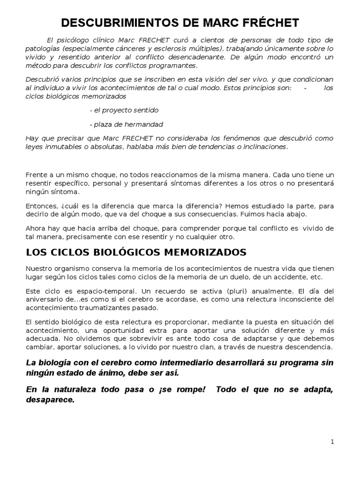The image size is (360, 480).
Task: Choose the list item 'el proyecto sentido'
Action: click(124, 110)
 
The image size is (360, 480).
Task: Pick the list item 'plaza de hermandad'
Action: click(126, 124)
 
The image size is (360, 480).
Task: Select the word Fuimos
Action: click(255, 214)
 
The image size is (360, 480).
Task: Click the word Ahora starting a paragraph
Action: click(36, 228)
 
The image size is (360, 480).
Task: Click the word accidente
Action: click(287, 277)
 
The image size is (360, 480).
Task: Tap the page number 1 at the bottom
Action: click(332, 442)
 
